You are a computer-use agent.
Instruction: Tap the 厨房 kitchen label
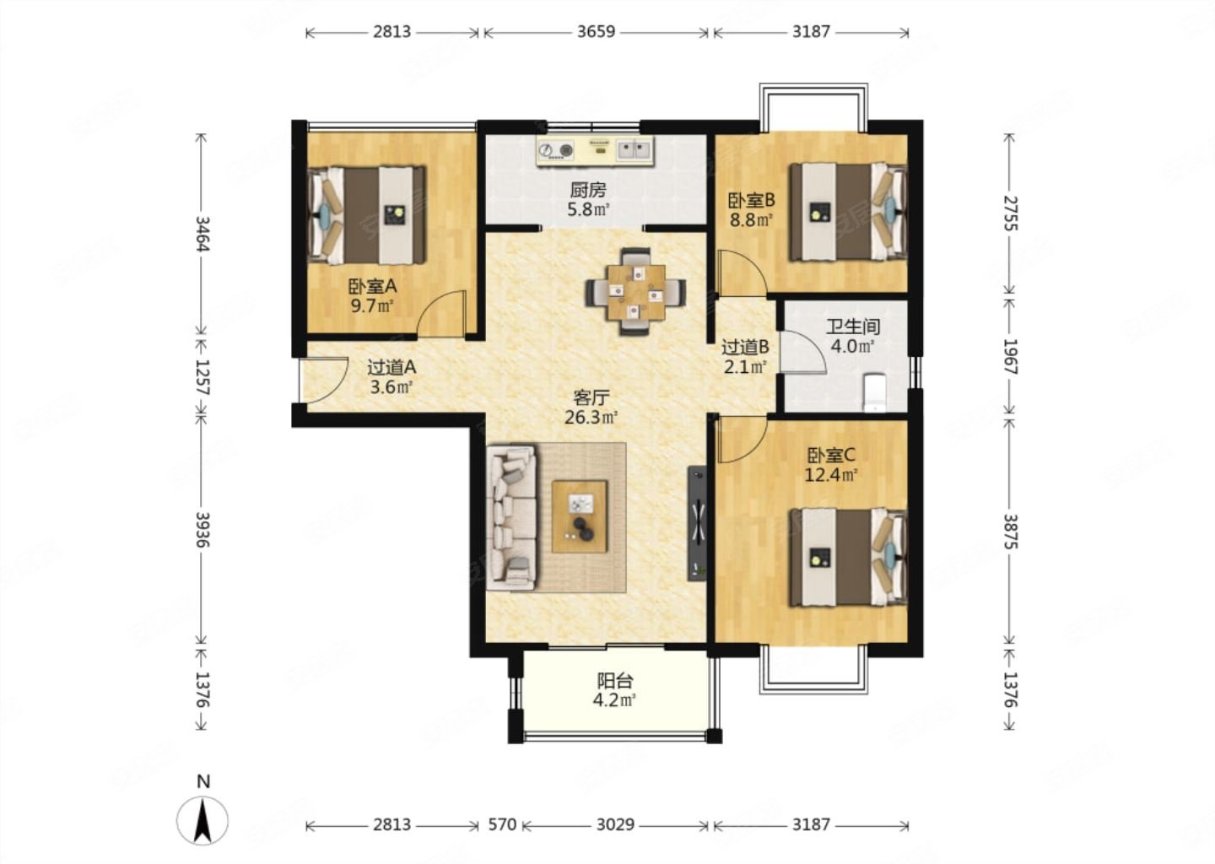click(588, 190)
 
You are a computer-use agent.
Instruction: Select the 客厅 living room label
click(591, 398)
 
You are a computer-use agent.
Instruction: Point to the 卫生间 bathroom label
click(853, 327)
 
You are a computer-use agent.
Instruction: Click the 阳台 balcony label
click(615, 680)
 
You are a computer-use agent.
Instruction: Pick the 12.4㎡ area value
click(830, 476)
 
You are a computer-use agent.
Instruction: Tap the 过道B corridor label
click(745, 347)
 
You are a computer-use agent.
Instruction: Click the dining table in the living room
click(635, 292)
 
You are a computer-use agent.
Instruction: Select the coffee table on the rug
click(580, 516)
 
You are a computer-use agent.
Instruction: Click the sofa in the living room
click(511, 517)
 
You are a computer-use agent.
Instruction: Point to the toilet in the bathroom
click(874, 391)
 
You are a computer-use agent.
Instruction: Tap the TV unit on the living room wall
click(697, 523)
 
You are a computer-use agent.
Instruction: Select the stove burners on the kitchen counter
click(557, 149)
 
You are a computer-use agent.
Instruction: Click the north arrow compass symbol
click(202, 820)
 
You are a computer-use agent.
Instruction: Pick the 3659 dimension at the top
click(596, 32)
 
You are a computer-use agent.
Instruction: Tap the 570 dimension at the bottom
click(502, 825)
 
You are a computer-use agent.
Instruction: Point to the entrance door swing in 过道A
click(324, 380)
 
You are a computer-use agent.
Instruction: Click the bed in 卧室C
click(848, 558)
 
